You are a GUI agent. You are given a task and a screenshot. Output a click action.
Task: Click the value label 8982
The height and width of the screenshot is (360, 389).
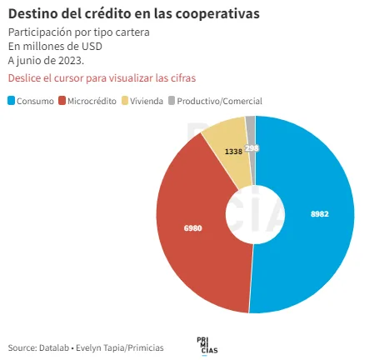point(320,214)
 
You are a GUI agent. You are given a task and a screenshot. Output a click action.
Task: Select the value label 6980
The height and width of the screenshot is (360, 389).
point(193,228)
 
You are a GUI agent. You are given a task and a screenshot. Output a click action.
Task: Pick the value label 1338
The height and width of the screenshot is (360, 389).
point(233,152)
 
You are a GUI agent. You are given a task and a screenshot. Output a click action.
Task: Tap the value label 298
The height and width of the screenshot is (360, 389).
point(252,148)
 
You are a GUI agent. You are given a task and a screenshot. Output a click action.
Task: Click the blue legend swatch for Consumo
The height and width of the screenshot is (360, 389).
point(11,101)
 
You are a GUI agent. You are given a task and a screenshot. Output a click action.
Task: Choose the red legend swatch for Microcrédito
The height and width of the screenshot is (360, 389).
point(62,101)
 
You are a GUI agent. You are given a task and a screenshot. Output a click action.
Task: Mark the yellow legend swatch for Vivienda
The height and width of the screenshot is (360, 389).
point(125,101)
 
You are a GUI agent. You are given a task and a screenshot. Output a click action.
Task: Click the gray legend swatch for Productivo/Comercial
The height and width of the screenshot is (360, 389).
point(172,101)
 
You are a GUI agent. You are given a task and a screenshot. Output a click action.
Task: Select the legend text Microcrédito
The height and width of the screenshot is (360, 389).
point(92,101)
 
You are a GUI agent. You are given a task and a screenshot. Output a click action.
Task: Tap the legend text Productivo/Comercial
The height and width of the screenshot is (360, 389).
point(219,101)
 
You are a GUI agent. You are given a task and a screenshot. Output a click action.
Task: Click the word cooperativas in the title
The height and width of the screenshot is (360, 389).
point(217,14)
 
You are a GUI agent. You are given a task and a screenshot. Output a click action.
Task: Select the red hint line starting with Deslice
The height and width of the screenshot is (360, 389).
point(102,78)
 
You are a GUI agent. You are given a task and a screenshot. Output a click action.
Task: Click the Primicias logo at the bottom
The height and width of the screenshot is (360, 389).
point(207,346)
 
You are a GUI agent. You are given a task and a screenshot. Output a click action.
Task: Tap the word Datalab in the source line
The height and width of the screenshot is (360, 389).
point(54,347)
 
